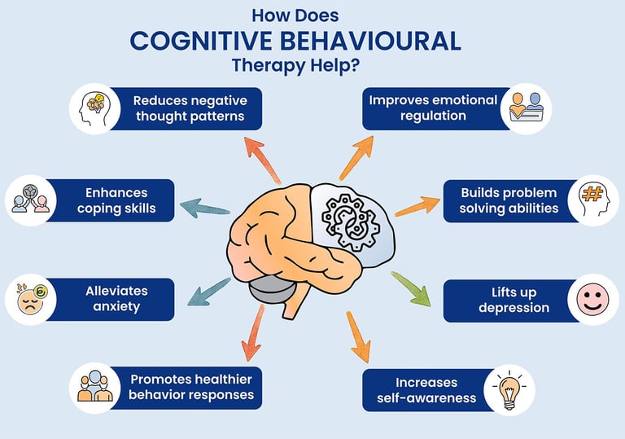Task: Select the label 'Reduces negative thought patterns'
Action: coord(190,109)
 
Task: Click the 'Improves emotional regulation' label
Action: coord(432,108)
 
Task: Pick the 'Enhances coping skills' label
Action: coord(116,200)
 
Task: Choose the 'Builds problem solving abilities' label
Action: coord(509,200)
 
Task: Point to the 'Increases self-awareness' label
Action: coord(427,389)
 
